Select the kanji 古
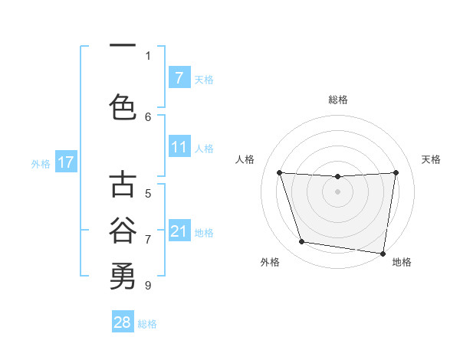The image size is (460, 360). tap(123, 185)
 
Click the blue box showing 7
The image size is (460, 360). tap(179, 77)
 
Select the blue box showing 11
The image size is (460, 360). tap(179, 147)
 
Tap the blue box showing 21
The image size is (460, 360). tap(179, 231)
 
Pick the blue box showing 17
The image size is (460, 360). tap(65, 162)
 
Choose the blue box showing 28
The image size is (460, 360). tap(123, 322)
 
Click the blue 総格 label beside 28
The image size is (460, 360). tap(147, 324)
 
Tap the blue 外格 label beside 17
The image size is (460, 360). tap(41, 163)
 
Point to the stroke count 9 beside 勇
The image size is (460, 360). tap(148, 285)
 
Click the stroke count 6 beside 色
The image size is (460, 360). tap(148, 116)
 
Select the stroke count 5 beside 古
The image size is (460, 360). tap(148, 194)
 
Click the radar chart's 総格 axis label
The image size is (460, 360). tap(338, 100)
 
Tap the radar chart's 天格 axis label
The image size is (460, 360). tap(432, 159)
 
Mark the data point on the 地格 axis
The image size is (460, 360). tap(383, 253)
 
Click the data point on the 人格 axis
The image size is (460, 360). tap(279, 173)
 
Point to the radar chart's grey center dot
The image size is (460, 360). tap(337, 191)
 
